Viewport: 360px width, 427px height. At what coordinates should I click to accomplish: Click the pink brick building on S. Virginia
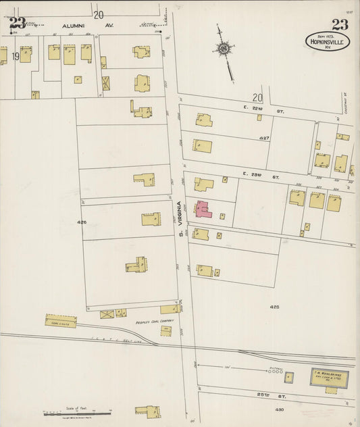coord(203,210)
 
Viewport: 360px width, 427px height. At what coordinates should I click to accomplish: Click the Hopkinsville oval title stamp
coord(327,41)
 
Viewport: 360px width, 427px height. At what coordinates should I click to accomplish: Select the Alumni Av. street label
coord(74,26)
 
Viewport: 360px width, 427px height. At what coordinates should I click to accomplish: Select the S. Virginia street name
coord(180,218)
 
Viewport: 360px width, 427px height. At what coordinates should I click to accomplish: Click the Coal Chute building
coord(61,322)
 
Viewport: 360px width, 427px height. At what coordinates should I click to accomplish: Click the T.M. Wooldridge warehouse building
coord(330,378)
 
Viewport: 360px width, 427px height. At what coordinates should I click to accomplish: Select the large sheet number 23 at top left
coord(16,24)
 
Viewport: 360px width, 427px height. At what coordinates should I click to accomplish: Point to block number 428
coord(274,307)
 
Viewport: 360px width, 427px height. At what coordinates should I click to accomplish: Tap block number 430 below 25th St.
coord(279,409)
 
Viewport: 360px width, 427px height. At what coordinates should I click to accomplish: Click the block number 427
coord(265,138)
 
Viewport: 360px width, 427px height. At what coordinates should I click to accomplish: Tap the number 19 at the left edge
coord(15,56)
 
